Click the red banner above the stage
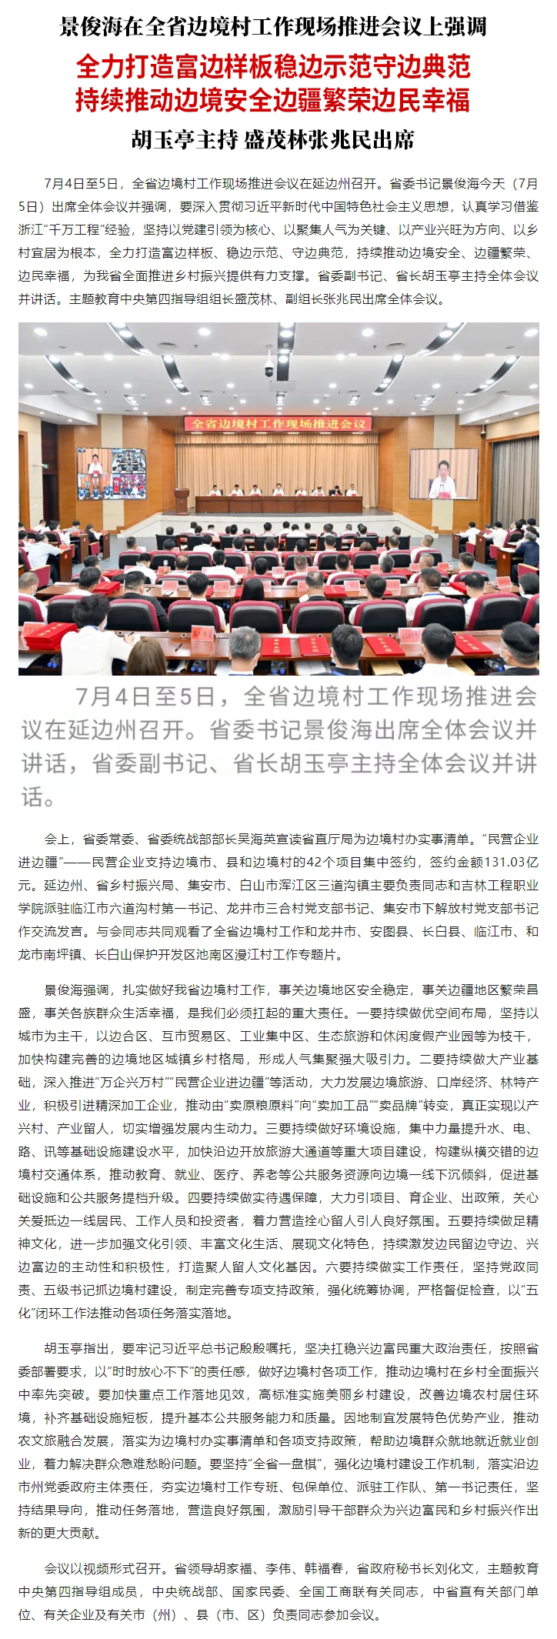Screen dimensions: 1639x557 278,423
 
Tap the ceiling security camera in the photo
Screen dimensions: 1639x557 269,368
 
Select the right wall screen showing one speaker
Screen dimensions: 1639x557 442,472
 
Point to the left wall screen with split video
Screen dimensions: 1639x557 112,473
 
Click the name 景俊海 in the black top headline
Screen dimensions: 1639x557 91,27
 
